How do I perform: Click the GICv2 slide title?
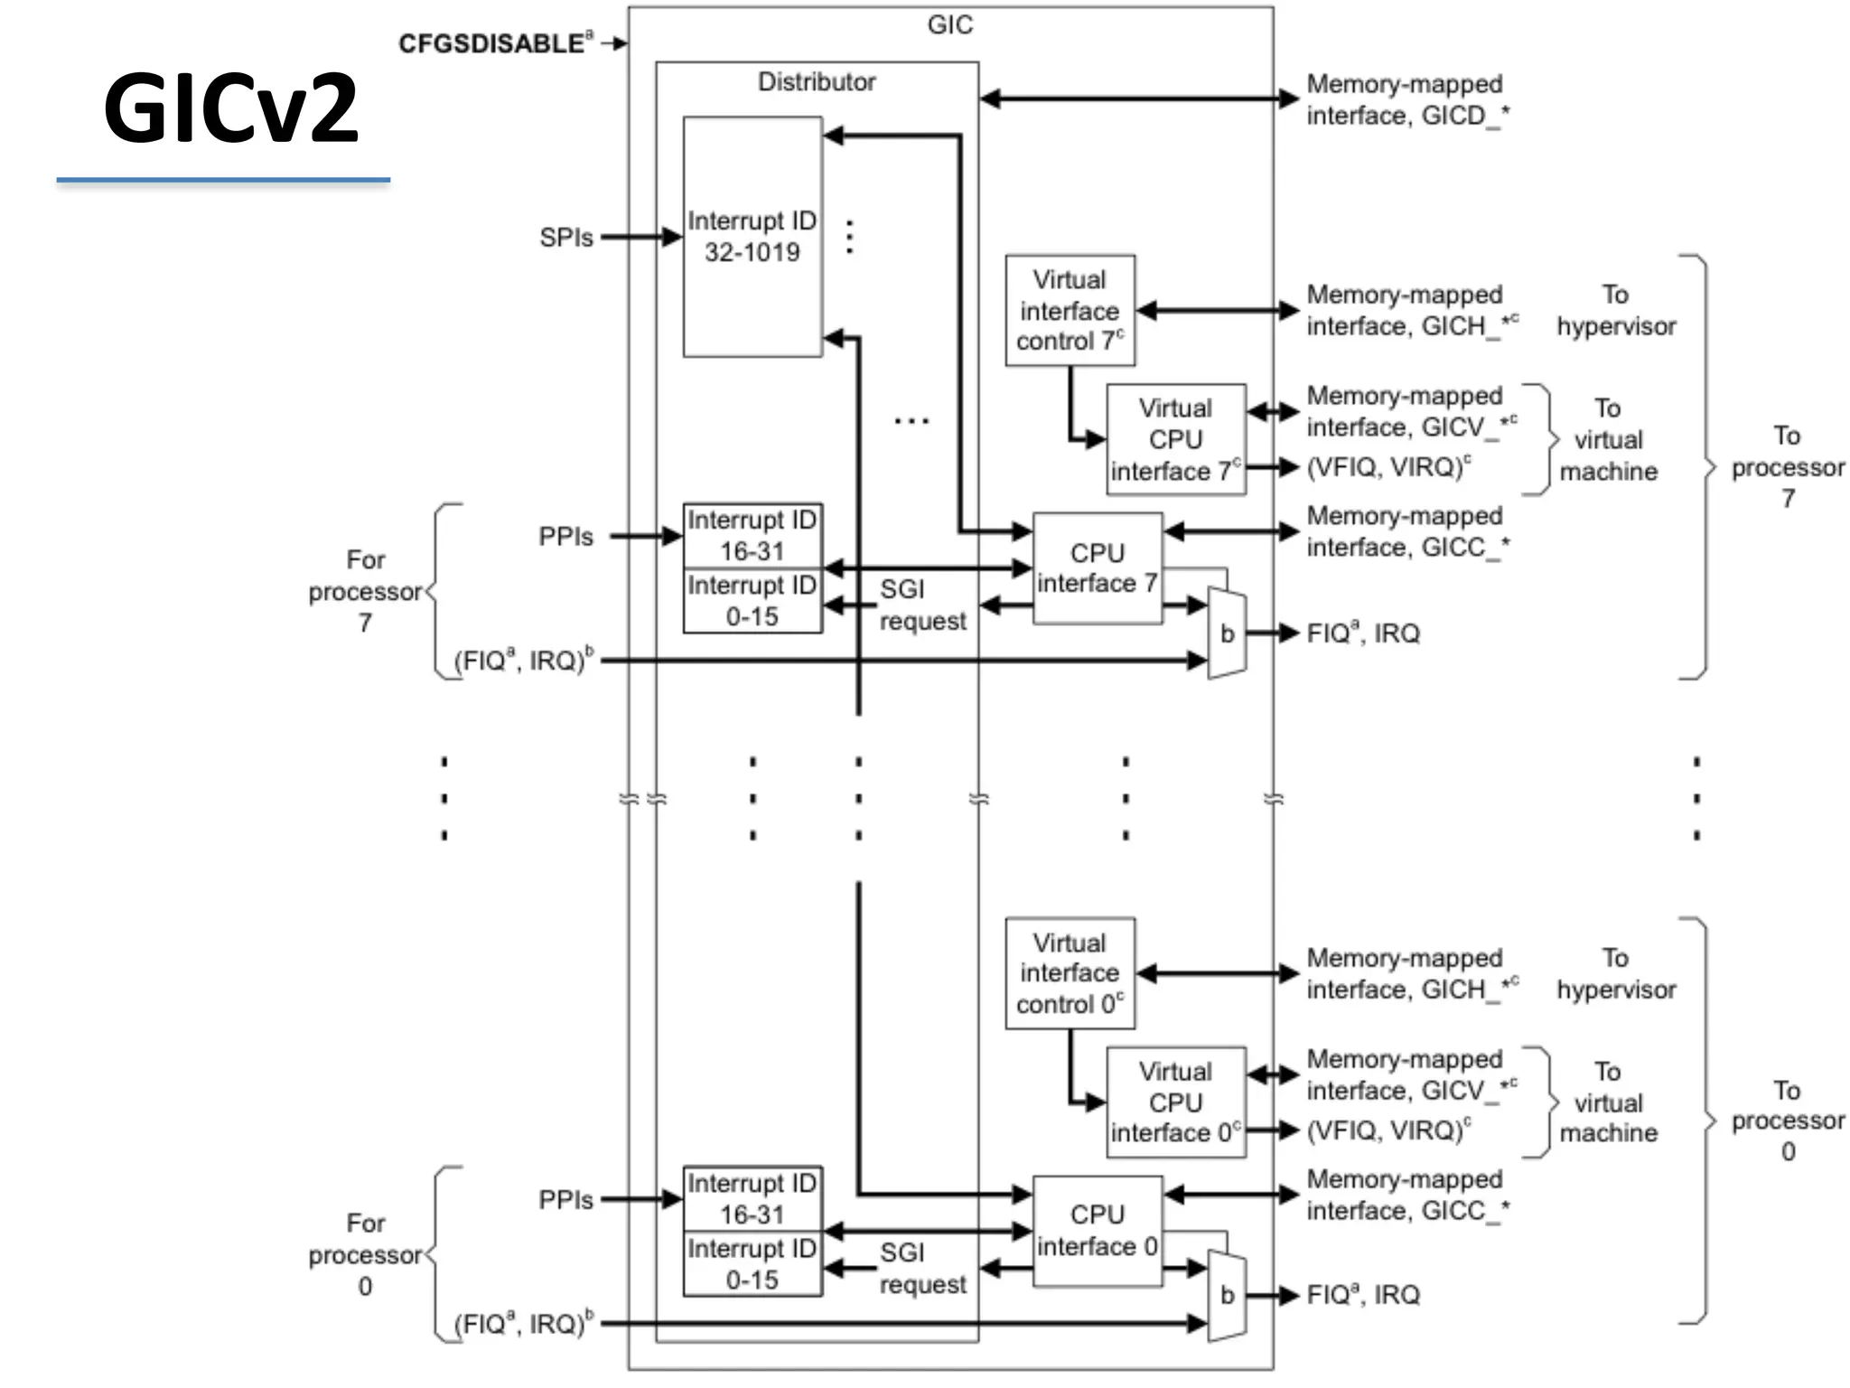coord(230,108)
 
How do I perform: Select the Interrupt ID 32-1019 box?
coord(752,237)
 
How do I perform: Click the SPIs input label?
coord(565,238)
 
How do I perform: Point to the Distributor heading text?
coord(816,82)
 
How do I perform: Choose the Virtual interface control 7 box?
coord(1070,310)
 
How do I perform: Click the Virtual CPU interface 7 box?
coord(1175,439)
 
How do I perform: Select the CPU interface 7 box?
coord(1097,567)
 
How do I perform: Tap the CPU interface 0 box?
coord(1097,1231)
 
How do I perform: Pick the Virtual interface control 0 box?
coord(1070,973)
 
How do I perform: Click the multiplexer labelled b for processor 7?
coord(1227,633)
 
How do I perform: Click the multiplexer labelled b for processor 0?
coord(1227,1296)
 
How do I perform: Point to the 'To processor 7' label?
coord(1787,467)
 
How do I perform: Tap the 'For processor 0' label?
coord(365,1254)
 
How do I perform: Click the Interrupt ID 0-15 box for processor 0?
coord(752,1263)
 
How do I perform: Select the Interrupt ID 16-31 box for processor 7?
coord(752,536)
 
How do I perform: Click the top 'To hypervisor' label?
coord(1615,310)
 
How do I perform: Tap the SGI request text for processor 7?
coord(921,605)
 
